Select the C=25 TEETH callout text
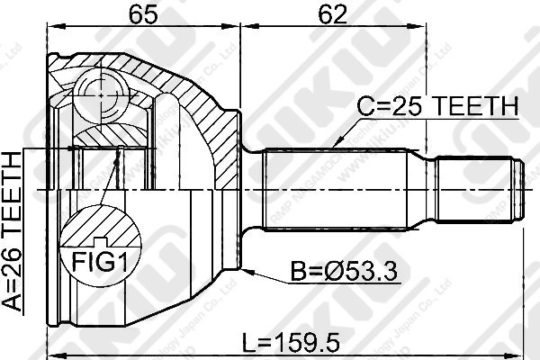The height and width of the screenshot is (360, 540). tap(437, 107)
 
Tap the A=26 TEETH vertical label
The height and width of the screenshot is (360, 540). tap(13, 231)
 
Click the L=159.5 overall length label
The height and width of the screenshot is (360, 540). tap(298, 343)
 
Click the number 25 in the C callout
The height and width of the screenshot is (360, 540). tap(395, 107)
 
